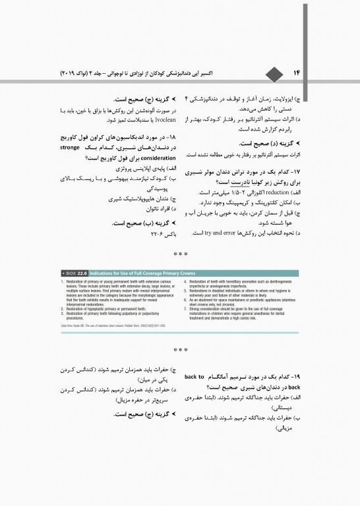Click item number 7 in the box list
pos(187,308)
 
